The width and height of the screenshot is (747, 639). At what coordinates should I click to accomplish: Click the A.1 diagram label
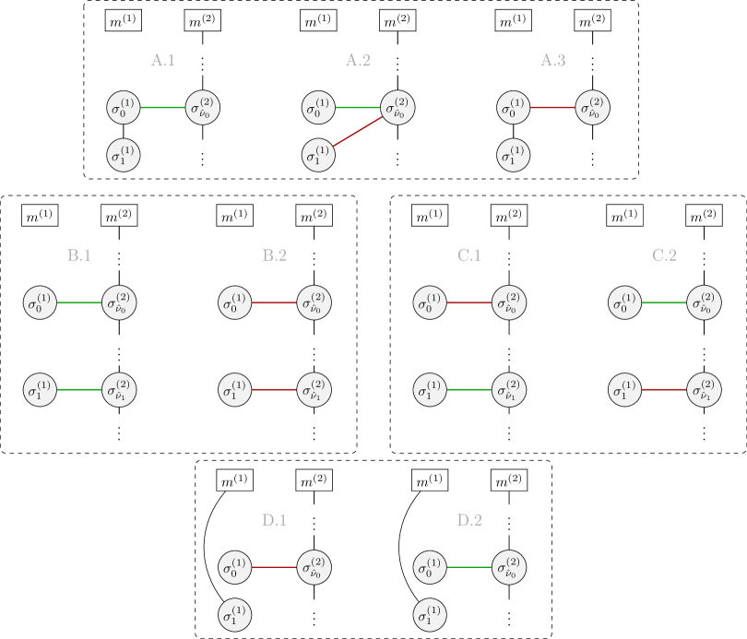pyautogui.click(x=163, y=61)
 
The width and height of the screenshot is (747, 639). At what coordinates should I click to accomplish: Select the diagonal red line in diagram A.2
pyautogui.click(x=359, y=132)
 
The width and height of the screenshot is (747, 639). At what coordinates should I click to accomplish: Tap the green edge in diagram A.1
pyautogui.click(x=163, y=108)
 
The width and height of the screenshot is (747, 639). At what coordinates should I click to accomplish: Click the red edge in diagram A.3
pyautogui.click(x=552, y=108)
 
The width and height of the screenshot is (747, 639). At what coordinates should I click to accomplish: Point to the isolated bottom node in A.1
pyautogui.click(x=124, y=156)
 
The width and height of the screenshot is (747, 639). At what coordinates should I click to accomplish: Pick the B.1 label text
pyautogui.click(x=79, y=255)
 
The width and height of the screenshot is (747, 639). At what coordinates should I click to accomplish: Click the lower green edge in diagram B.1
pyautogui.click(x=79, y=389)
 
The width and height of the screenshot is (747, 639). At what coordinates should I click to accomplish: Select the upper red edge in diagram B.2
pyautogui.click(x=274, y=302)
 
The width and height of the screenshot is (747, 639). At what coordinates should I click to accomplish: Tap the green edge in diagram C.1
pyautogui.click(x=469, y=389)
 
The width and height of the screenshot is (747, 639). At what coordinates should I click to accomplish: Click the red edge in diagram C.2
pyautogui.click(x=664, y=389)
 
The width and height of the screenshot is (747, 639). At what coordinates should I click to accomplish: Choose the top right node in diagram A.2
pyautogui.click(x=397, y=108)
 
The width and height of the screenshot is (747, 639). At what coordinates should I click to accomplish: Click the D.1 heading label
pyautogui.click(x=274, y=520)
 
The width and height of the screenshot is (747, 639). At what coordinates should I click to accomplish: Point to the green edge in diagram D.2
pyautogui.click(x=469, y=567)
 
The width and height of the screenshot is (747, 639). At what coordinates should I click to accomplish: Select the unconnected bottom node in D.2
pyautogui.click(x=430, y=615)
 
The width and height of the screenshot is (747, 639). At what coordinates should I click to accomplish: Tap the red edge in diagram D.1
pyautogui.click(x=274, y=567)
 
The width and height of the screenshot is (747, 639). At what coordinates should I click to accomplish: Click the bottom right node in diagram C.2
pyautogui.click(x=704, y=389)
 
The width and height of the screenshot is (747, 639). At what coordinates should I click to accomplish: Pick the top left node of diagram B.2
pyautogui.click(x=235, y=302)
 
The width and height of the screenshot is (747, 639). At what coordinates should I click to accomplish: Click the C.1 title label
pyautogui.click(x=469, y=255)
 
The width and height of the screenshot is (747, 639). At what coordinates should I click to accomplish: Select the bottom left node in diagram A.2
pyautogui.click(x=318, y=156)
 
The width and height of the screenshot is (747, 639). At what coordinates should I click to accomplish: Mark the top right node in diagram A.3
pyautogui.click(x=592, y=108)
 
